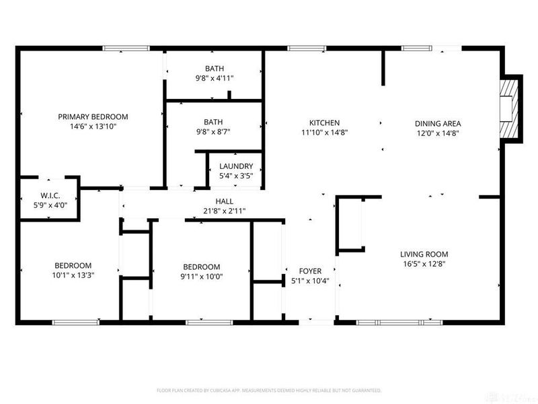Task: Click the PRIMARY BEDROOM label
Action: [93, 116]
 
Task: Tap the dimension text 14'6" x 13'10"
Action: [93, 127]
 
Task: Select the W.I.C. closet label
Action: [50, 196]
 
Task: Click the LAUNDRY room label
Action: [235, 166]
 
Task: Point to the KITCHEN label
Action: [324, 123]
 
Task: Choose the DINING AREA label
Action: [437, 123]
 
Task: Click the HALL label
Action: [225, 201]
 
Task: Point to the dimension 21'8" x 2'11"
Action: [225, 211]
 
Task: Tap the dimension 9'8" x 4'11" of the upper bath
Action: [214, 78]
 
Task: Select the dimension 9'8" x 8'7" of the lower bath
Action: [214, 132]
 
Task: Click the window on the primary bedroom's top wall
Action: [126, 48]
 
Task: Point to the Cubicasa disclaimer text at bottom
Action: [269, 390]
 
